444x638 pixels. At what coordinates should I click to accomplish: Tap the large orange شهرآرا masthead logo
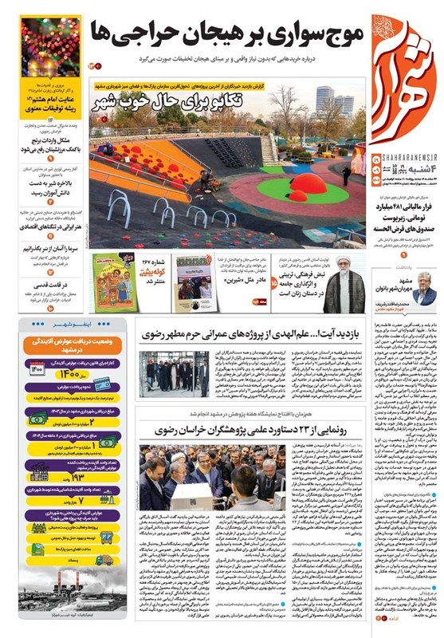[404, 76]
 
